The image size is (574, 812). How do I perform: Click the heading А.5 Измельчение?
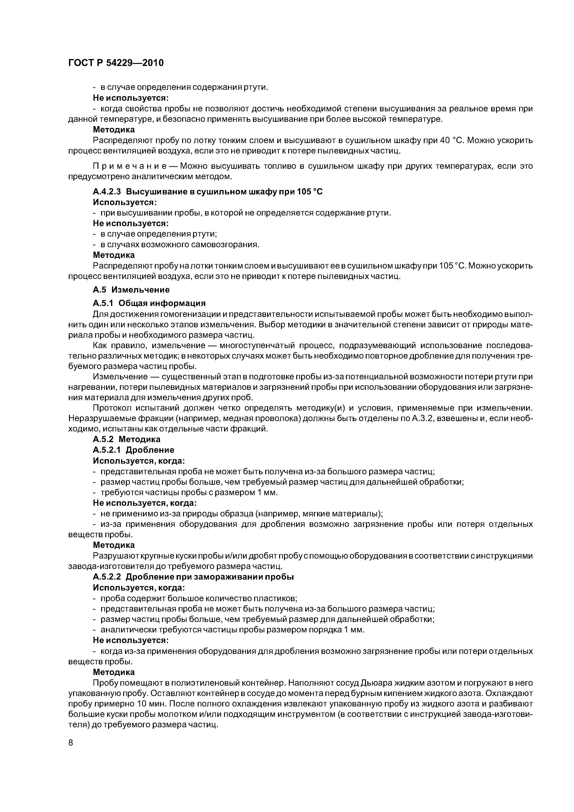click(131, 290)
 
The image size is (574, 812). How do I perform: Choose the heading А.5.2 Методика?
click(126, 439)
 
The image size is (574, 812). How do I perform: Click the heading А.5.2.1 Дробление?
click(133, 450)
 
